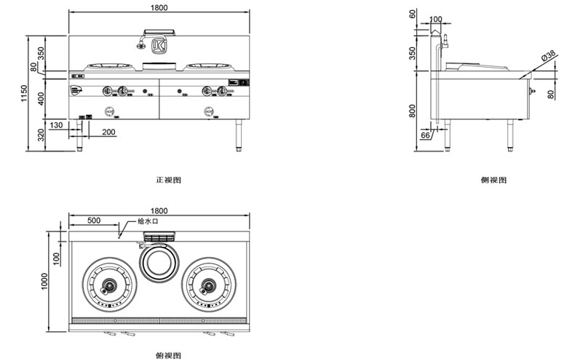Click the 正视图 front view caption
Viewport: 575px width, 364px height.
tap(167, 179)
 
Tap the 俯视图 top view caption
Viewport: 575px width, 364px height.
tap(167, 355)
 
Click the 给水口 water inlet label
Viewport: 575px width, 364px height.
tap(147, 221)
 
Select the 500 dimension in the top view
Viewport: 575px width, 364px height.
tap(94, 220)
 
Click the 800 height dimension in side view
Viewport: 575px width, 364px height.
tap(413, 110)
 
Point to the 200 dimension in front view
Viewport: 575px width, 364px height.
tap(108, 132)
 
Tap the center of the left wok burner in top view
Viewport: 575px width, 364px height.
tap(108, 284)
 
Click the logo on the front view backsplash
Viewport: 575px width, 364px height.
tap(159, 47)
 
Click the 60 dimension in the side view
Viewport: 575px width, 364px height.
tap(413, 14)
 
